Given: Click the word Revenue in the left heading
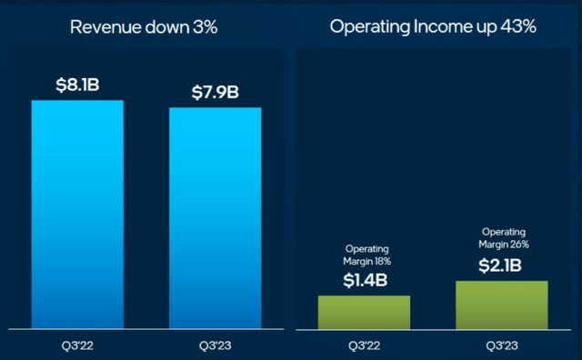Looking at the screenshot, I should tap(102, 26).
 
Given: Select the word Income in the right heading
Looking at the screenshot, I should tap(432, 26).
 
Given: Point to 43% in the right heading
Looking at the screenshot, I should tap(517, 26).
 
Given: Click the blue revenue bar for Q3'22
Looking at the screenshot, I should tap(77, 214).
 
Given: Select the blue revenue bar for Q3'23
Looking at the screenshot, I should tap(215, 217).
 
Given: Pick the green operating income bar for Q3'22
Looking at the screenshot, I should tap(364, 311).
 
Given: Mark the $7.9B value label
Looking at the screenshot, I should tap(215, 92).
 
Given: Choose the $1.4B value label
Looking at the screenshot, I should tap(364, 279).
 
